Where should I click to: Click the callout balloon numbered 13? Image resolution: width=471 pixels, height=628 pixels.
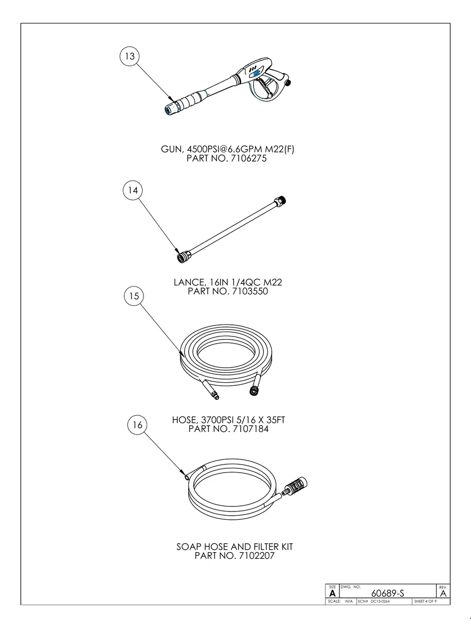[x=129, y=56]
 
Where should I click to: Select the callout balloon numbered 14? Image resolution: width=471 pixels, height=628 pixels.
[x=133, y=190]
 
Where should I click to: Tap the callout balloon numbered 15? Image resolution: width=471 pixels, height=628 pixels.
[x=134, y=296]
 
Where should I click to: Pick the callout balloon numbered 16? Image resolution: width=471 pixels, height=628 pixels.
[x=137, y=425]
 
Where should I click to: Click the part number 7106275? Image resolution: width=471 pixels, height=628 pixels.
[x=248, y=159]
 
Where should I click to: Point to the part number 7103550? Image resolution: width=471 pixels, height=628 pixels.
[x=250, y=292]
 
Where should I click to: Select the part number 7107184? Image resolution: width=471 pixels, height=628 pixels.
[x=251, y=429]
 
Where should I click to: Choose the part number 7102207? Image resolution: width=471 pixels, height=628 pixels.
[x=256, y=556]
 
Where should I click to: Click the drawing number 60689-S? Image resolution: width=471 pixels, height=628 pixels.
[x=387, y=593]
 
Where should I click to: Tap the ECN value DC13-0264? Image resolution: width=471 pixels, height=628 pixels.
[x=380, y=601]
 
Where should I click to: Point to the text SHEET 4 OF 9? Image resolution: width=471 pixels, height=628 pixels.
[x=425, y=601]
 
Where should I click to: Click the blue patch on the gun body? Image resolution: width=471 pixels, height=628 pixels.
[x=256, y=73]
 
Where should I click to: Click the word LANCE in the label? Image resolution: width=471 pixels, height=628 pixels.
[x=189, y=282]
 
